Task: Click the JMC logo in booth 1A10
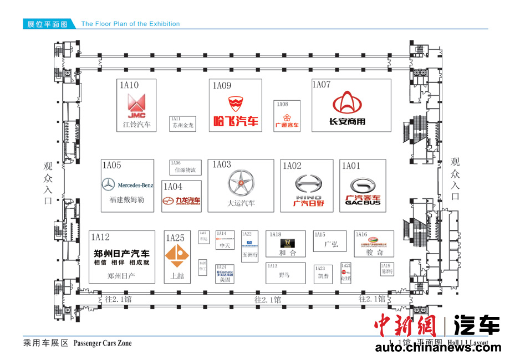pos(136,106)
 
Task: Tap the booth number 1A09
pos(222,85)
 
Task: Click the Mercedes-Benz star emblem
pos(109,185)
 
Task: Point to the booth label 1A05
pos(111,165)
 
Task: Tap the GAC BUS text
pos(363,203)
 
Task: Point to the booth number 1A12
pos(100,237)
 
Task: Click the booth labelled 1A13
pos(285,272)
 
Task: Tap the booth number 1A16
pos(361,235)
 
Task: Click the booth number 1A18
pos(276,235)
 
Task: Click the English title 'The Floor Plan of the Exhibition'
pos(130,24)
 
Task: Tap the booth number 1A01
pos(351,166)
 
